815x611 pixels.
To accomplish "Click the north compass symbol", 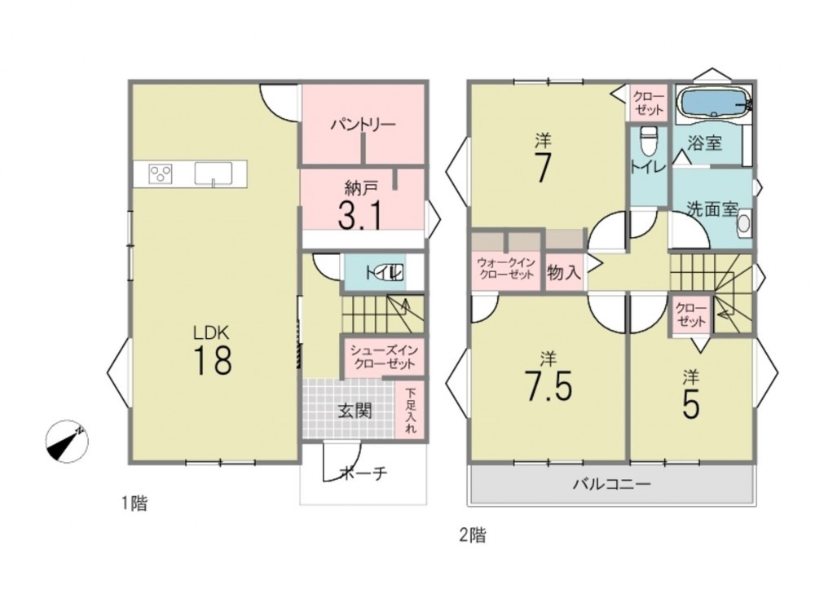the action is (67, 442).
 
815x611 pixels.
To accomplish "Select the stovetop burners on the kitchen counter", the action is (161, 174).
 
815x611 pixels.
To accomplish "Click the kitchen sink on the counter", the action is (213, 173).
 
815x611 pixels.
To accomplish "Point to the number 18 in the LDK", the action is (213, 359).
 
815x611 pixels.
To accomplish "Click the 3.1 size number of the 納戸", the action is (360, 215).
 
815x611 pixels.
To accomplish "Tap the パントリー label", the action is (363, 125).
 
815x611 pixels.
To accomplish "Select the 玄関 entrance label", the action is (355, 411).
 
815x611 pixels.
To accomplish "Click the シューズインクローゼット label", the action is (384, 357).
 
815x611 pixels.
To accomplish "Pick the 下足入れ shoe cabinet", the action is (411, 411).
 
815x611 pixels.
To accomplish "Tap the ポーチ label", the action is (363, 473).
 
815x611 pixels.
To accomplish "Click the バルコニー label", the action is (612, 485).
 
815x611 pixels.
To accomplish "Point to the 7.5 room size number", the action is (549, 386).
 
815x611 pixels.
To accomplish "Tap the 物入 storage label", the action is (564, 272).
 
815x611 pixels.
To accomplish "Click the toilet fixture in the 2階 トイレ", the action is (649, 141).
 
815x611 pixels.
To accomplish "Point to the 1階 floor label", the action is (134, 503).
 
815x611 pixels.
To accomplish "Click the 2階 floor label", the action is (473, 534).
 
